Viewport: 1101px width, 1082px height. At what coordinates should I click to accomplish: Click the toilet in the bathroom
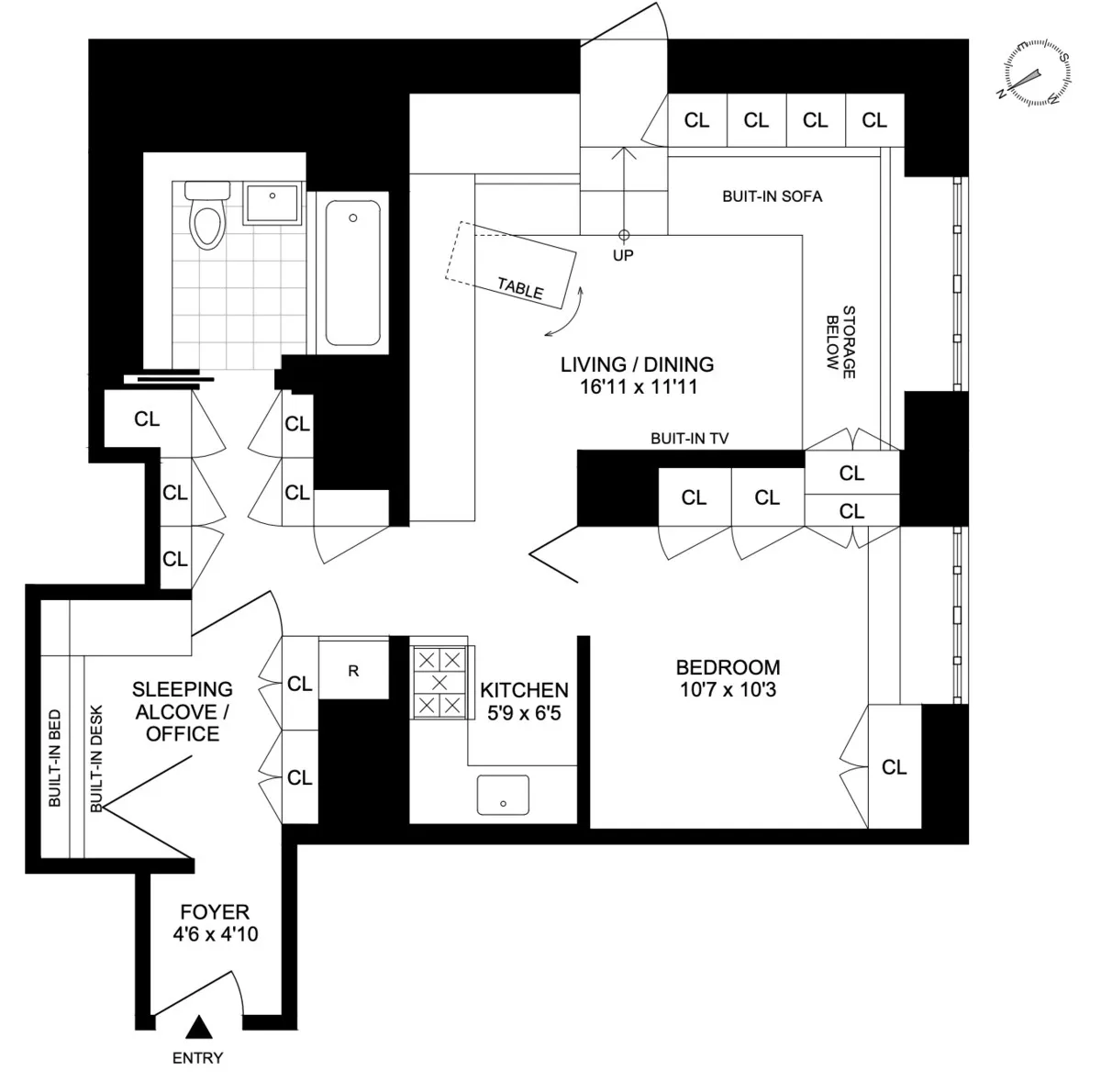[204, 217]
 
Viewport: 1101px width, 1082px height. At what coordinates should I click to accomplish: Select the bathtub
[353, 273]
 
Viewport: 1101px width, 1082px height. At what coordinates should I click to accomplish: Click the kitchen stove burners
[439, 682]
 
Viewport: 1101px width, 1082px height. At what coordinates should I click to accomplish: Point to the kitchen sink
[503, 795]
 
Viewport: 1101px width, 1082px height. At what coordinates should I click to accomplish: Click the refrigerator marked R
[353, 671]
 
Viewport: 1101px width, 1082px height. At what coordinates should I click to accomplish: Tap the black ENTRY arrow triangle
[198, 1026]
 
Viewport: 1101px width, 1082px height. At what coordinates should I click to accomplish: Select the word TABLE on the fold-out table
[520, 288]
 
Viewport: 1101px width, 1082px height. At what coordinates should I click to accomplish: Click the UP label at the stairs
[623, 255]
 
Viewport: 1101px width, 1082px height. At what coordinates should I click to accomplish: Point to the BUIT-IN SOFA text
[772, 196]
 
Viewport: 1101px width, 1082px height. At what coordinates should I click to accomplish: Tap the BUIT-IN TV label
[689, 440]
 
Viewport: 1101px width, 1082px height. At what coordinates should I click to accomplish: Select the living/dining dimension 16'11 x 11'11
[638, 387]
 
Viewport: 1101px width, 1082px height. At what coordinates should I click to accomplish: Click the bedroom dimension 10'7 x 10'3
[728, 689]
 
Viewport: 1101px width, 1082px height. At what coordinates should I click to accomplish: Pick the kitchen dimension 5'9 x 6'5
[524, 712]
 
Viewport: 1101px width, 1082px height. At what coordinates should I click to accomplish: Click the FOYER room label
[215, 912]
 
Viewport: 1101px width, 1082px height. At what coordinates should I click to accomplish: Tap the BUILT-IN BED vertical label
[55, 758]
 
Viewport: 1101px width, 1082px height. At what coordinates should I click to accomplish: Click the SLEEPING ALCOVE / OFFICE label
[183, 711]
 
